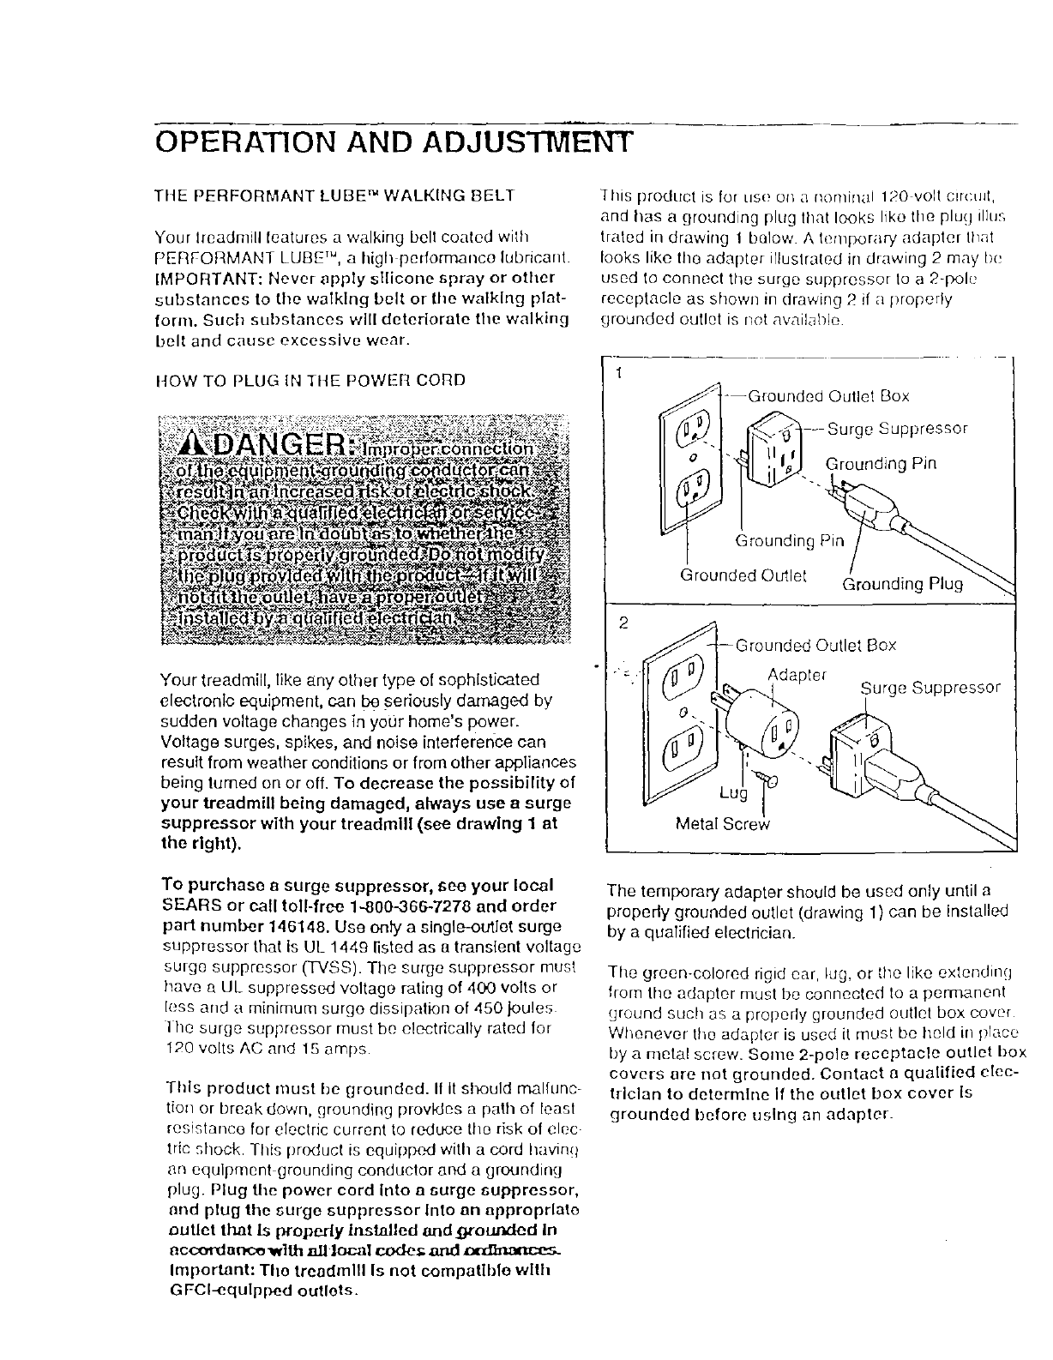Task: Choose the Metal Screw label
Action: pos(723,824)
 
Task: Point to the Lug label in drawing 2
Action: pos(733,794)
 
